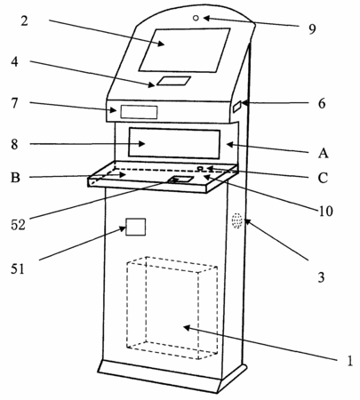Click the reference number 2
pyautogui.click(x=24, y=20)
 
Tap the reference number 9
pyautogui.click(x=312, y=29)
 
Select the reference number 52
pyautogui.click(x=18, y=225)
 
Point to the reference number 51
pyautogui.click(x=17, y=269)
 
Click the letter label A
pyautogui.click(x=324, y=153)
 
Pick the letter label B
pyautogui.click(x=15, y=178)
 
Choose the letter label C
pyautogui.click(x=323, y=178)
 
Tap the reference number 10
pyautogui.click(x=325, y=211)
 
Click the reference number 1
pyautogui.click(x=350, y=361)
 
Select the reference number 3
pyautogui.click(x=321, y=277)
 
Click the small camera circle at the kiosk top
pyautogui.click(x=196, y=18)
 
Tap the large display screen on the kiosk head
pyautogui.click(x=184, y=50)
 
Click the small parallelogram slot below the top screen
pyautogui.click(x=173, y=81)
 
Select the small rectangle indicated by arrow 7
pyautogui.click(x=139, y=112)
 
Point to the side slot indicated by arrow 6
pyautogui.click(x=237, y=107)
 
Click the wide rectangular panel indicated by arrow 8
pyautogui.click(x=174, y=143)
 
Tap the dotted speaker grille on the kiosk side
pyautogui.click(x=237, y=220)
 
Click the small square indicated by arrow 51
pyautogui.click(x=136, y=227)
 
